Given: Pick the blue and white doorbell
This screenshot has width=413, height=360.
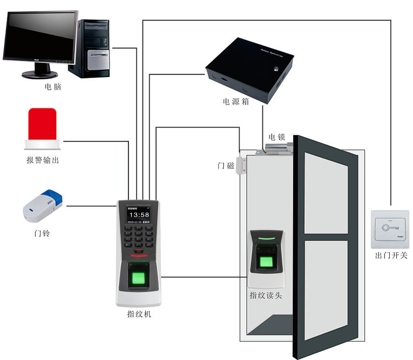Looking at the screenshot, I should pos(43,205).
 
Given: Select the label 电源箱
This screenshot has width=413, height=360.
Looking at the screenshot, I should pos(236,101).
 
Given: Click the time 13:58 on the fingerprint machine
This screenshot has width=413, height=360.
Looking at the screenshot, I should pos(139,215).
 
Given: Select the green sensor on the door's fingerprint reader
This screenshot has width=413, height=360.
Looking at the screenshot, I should pos(266,262).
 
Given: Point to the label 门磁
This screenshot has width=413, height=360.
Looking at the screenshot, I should pos(226,165).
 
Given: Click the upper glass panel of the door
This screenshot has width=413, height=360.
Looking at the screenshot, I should pos(325,193).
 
